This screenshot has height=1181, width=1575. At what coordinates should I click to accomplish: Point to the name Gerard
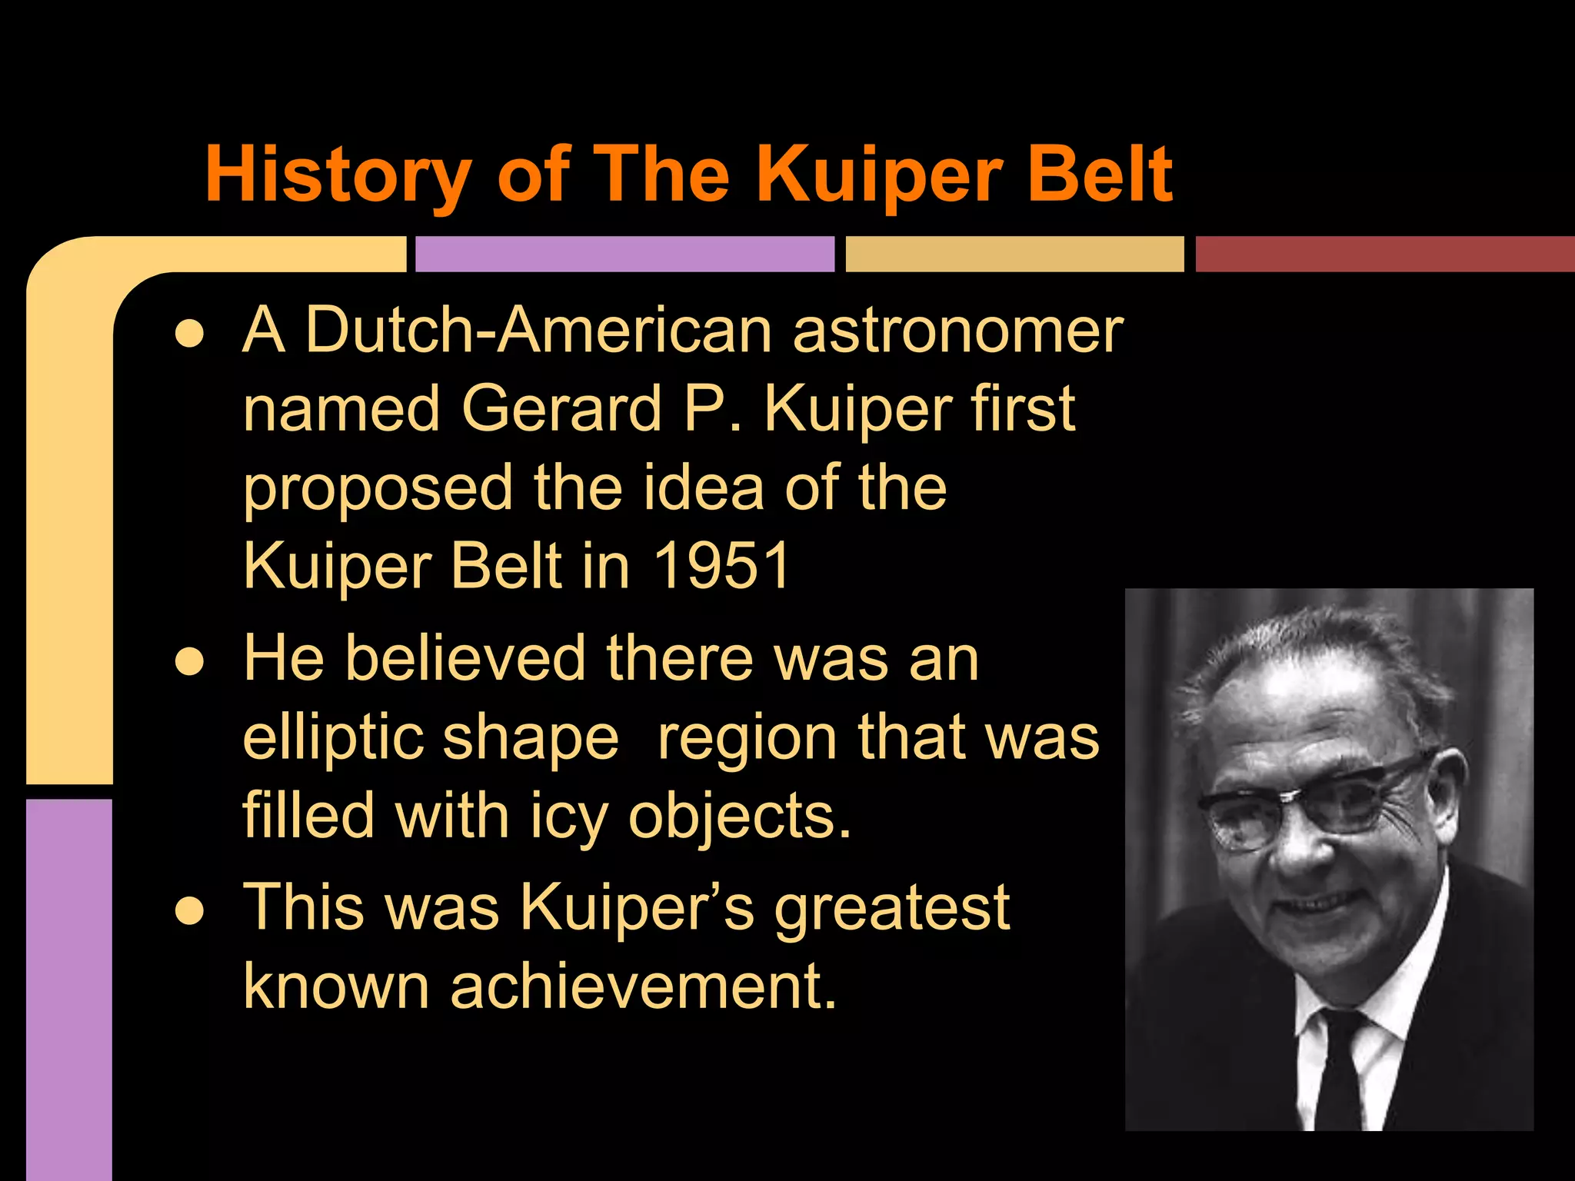(x=561, y=408)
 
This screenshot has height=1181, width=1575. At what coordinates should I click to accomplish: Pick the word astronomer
(x=957, y=331)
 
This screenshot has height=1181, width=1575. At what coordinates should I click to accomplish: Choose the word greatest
(x=891, y=908)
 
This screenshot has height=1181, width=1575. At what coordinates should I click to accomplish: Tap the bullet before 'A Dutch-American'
(x=189, y=333)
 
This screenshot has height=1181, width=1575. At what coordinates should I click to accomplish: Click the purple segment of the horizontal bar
(x=624, y=254)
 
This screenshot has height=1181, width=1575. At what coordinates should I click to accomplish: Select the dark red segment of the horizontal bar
(x=1384, y=254)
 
